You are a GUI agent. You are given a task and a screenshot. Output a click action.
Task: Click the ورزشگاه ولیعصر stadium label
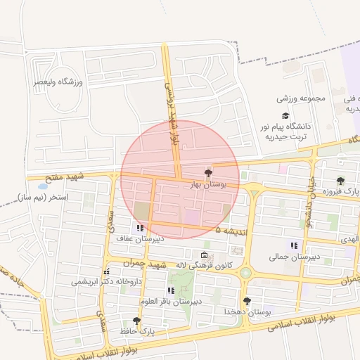59,82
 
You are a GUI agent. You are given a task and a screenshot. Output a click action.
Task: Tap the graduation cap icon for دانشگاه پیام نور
285,115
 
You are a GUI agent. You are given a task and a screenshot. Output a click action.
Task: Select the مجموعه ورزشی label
301,98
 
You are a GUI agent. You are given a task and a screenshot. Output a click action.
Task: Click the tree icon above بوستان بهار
207,172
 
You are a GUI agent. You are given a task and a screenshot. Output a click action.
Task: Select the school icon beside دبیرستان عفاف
140,227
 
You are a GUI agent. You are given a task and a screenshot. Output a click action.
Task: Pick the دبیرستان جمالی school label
294,257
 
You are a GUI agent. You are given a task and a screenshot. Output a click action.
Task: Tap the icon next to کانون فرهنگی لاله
204,255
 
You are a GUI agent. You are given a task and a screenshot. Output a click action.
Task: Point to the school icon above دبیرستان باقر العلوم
171,290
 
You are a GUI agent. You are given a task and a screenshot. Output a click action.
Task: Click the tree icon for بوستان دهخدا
246,300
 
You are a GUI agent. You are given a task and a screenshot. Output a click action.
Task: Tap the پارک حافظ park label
136,330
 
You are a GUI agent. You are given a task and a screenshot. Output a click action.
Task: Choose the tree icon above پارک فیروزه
340,181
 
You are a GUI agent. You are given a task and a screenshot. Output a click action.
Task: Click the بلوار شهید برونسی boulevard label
172,112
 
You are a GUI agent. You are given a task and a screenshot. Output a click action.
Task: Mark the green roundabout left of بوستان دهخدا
245,273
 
